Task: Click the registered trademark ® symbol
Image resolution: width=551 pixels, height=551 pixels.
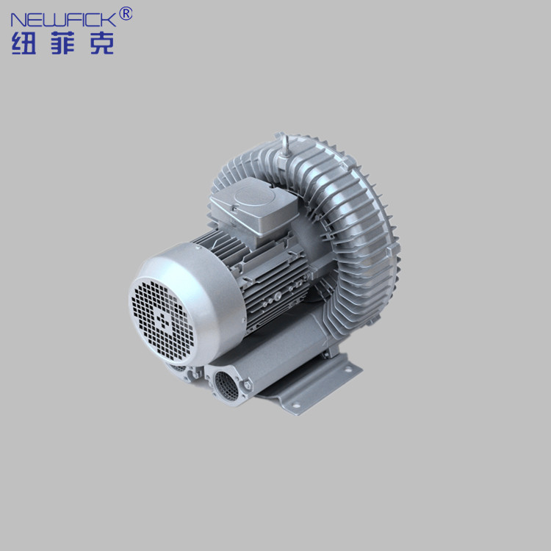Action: point(126,14)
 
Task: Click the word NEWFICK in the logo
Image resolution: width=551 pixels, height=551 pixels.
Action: point(63,20)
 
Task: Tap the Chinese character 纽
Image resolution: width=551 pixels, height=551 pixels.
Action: point(24,43)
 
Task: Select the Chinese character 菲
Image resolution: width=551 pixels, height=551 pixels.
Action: point(63,43)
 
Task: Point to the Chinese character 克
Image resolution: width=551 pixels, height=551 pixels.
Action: point(102,43)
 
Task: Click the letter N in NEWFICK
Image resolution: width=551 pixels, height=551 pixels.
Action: point(18,20)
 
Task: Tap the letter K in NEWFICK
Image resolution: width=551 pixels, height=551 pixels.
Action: point(110,20)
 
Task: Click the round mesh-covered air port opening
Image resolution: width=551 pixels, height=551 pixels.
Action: point(227,386)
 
